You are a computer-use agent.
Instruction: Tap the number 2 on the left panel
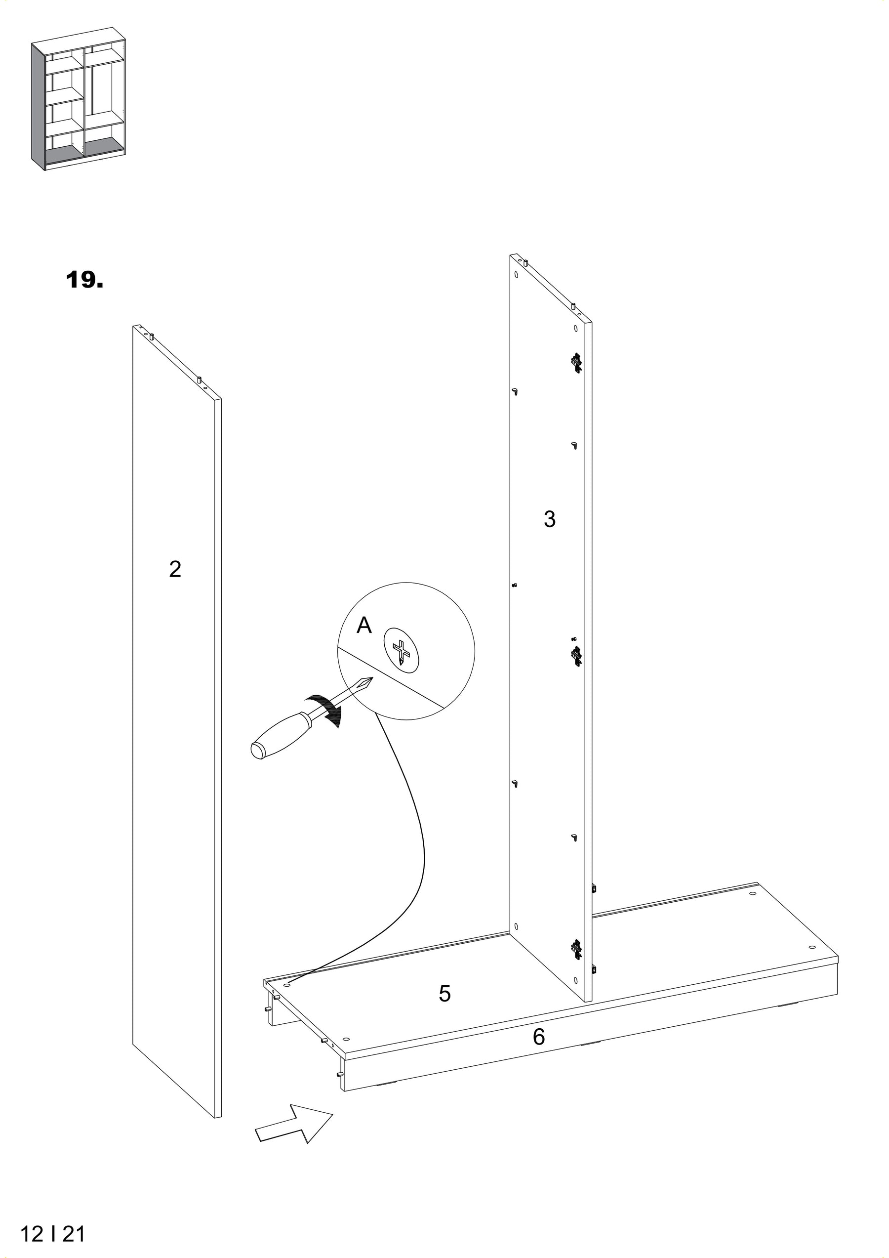(175, 570)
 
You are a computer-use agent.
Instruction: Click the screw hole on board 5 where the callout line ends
(287, 983)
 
